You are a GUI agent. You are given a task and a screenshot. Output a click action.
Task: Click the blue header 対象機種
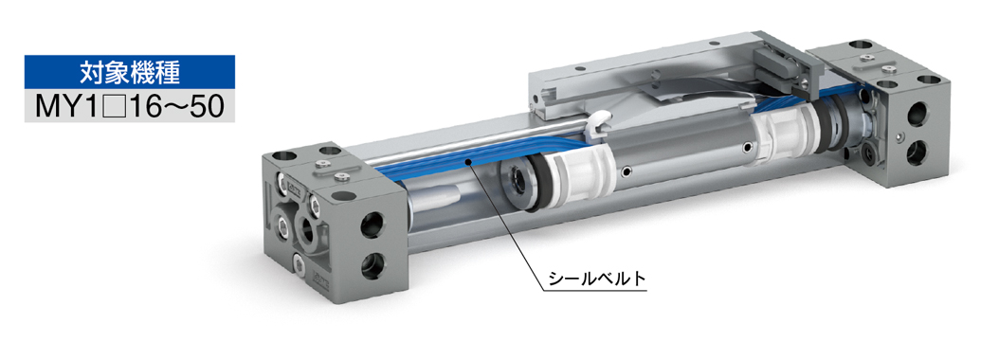point(129,72)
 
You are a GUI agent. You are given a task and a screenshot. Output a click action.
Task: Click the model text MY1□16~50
point(129,106)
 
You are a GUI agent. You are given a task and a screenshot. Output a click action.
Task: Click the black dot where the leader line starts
point(468,163)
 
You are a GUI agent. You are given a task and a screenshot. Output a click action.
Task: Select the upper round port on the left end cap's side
point(372,225)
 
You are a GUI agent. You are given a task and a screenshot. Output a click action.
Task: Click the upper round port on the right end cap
point(918,115)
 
